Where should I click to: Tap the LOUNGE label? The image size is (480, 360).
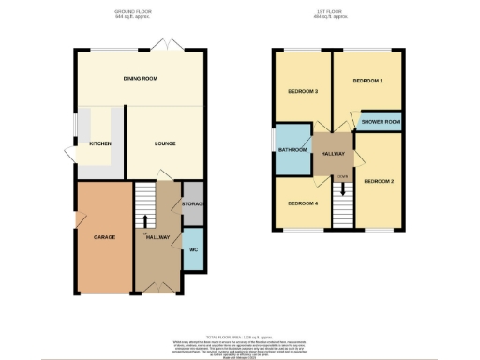click(x=164, y=143)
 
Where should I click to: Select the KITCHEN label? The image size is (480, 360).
click(x=100, y=143)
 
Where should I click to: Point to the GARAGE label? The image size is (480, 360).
click(x=104, y=237)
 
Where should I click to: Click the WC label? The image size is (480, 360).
click(x=193, y=250)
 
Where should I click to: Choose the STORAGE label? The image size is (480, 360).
click(x=194, y=203)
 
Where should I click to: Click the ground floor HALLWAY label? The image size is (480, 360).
click(x=158, y=237)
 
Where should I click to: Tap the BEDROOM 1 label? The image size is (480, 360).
click(x=367, y=82)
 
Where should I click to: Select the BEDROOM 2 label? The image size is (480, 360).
click(x=380, y=180)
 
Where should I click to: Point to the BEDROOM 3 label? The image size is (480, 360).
click(x=303, y=91)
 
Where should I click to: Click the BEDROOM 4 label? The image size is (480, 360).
click(x=303, y=203)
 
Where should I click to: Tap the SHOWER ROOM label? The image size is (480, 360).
click(x=381, y=122)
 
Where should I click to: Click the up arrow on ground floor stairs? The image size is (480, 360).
click(x=146, y=220)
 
